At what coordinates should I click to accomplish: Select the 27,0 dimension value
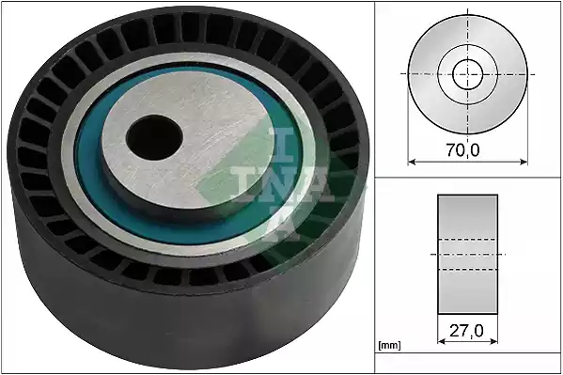click(467, 331)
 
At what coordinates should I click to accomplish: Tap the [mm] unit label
click(388, 346)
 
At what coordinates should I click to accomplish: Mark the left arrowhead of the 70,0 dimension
click(412, 162)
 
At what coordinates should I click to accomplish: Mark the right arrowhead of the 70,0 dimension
click(523, 162)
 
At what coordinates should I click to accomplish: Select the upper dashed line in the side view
click(467, 240)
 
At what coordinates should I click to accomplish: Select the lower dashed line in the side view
click(467, 270)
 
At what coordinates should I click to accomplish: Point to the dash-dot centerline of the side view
click(467, 255)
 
